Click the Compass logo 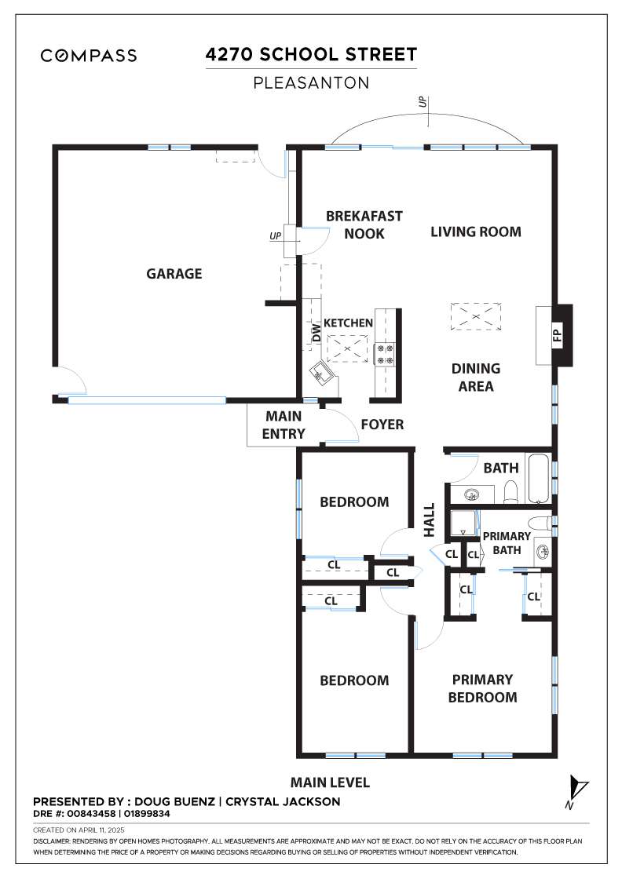pos(89,56)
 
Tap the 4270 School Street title pos(311,54)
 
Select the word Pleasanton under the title pos(311,83)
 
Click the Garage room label pos(174,274)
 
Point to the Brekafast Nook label pos(364,224)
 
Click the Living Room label pos(476,232)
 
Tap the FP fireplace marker pos(557,335)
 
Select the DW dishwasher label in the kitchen pos(316,333)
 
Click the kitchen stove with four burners pos(386,354)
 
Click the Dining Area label pos(476,377)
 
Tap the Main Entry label pos(284,425)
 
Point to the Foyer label pos(382,425)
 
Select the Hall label pos(429,520)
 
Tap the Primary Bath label pos(507,543)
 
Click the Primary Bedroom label pos(482,688)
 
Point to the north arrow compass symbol pos(576,791)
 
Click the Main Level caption pos(330,782)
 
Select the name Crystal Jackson pos(283,801)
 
